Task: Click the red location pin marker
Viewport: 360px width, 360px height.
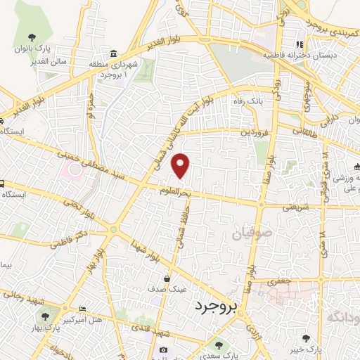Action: (x=181, y=166)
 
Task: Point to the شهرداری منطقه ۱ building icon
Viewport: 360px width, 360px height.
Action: (x=113, y=55)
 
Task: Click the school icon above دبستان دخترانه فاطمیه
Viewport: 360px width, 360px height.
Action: (x=300, y=44)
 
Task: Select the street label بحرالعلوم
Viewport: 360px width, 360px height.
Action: (x=173, y=192)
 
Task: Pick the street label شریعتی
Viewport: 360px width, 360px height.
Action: (x=296, y=207)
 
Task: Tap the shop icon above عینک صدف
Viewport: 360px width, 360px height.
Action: (x=167, y=278)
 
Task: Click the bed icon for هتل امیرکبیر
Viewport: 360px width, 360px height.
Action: (x=82, y=309)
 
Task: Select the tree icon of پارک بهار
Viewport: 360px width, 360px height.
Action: (x=46, y=318)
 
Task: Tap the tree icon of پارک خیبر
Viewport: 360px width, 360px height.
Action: (x=306, y=338)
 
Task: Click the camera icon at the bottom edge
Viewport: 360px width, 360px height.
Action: (x=164, y=350)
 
